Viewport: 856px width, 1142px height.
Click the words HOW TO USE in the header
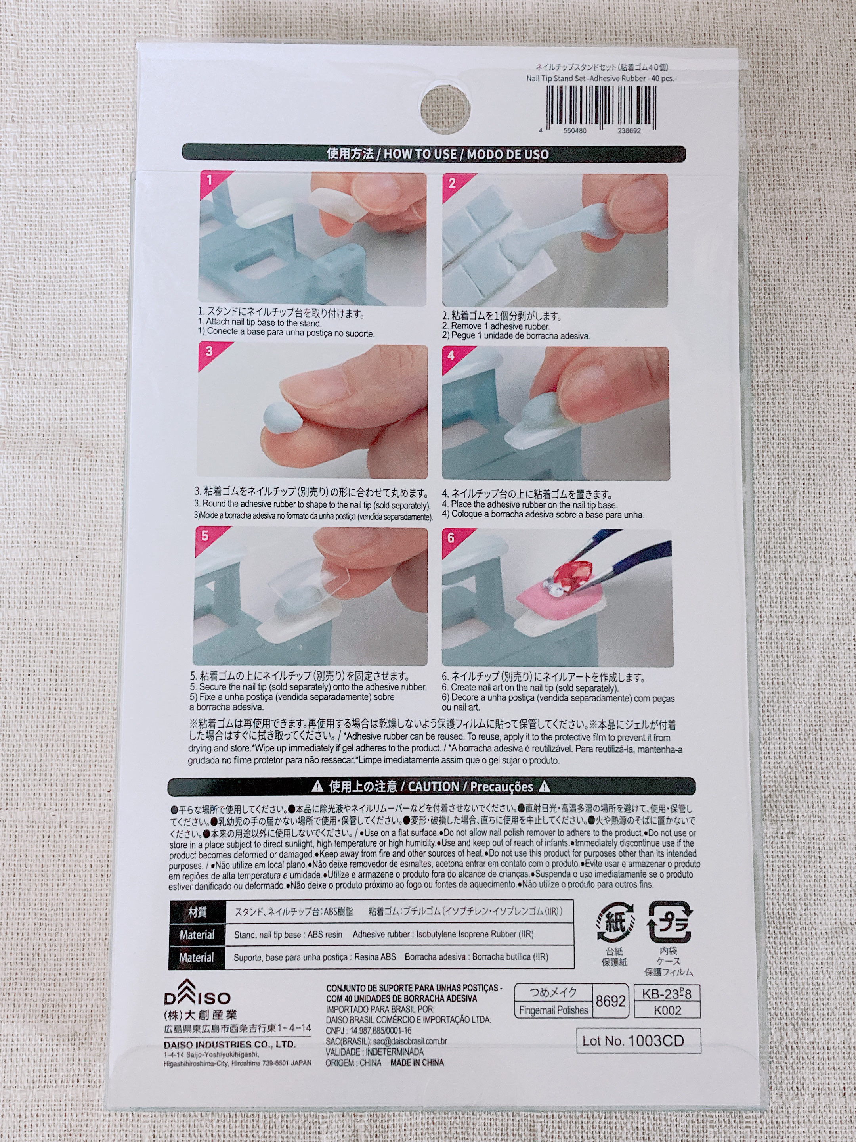(420, 154)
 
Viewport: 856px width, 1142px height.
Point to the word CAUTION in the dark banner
(434, 787)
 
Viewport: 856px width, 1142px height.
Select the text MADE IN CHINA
(417, 1062)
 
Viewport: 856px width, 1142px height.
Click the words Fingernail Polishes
(553, 1010)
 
